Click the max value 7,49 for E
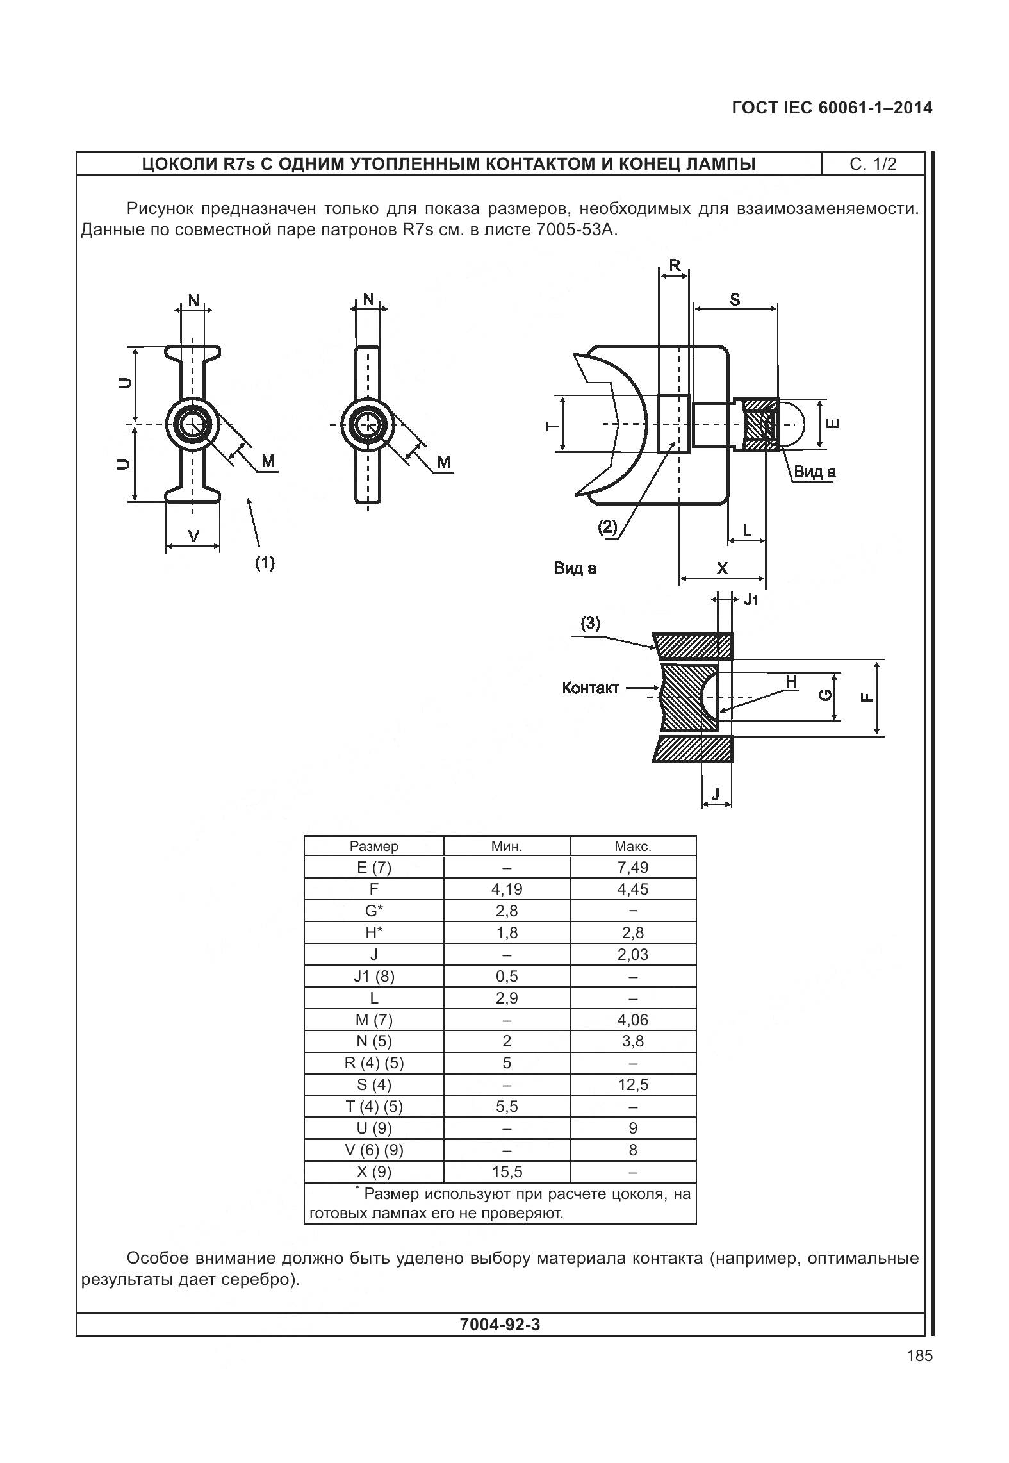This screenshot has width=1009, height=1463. point(632,868)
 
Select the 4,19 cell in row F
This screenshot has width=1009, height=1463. point(507,889)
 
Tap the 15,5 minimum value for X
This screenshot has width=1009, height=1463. point(507,1172)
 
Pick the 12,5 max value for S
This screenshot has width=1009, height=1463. point(632,1085)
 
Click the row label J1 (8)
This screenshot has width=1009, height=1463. point(374,977)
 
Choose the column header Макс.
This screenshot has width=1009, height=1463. point(632,846)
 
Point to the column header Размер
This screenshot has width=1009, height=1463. point(374,846)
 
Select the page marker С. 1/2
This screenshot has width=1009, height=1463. point(873,164)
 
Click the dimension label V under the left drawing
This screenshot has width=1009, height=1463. point(193,536)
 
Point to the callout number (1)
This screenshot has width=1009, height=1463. point(265,563)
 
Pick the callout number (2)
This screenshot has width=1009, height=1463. point(607,527)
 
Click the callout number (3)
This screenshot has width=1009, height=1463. point(590,624)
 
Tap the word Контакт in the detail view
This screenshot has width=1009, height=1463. point(591,688)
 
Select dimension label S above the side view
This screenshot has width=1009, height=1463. point(735,299)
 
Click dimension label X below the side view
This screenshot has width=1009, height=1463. point(722,568)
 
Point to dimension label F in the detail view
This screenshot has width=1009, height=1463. point(867,697)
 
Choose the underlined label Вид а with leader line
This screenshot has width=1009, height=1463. point(815,472)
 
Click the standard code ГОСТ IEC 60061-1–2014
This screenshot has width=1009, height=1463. point(832,108)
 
